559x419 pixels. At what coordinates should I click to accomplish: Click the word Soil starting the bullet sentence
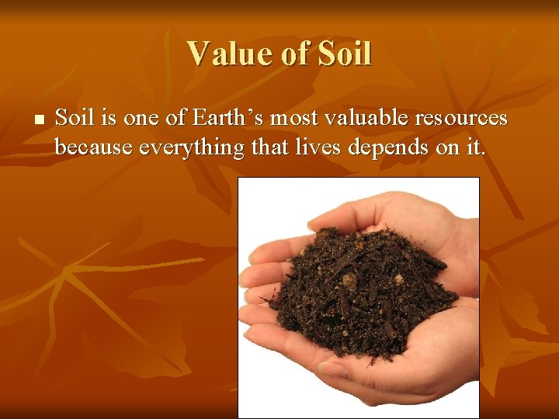(74, 119)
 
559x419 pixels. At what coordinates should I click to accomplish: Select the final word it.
(476, 147)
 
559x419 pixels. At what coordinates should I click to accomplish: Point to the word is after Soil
(109, 119)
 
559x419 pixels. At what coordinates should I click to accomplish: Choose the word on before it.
(448, 147)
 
